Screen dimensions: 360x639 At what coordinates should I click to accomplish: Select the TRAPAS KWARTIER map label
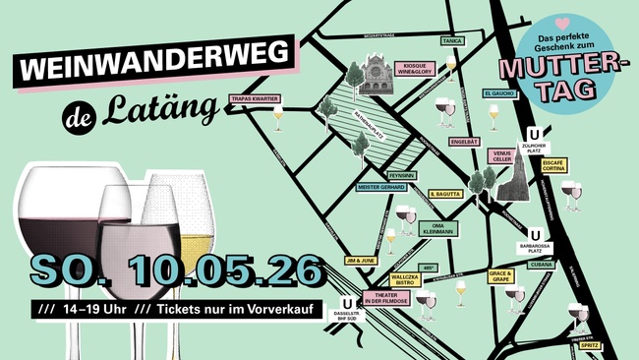pos(256,99)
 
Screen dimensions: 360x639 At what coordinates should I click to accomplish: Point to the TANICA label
pos(452,40)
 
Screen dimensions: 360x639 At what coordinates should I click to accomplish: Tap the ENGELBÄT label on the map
pos(464,142)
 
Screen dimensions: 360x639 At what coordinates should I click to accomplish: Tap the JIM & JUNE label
pos(361,261)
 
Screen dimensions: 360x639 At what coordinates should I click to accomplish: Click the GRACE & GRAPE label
pos(500,277)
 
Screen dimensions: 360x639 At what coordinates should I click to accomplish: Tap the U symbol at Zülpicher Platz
pos(534,135)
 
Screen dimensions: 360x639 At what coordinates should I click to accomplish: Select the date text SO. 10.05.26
pos(177,268)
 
